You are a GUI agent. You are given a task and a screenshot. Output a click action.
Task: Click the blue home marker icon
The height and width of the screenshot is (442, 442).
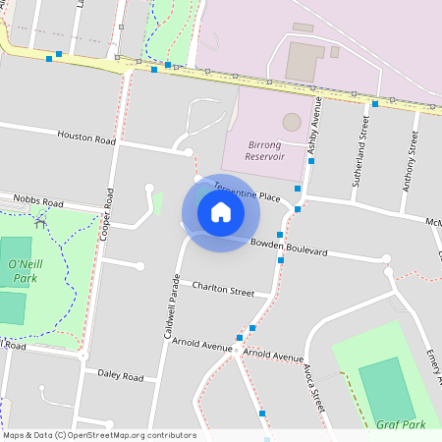[221, 212]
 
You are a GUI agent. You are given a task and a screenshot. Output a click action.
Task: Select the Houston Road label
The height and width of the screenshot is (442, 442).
[85, 138]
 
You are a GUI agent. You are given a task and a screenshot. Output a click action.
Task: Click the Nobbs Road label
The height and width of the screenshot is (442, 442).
[37, 202]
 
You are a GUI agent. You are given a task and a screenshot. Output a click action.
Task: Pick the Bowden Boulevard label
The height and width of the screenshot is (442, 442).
[288, 247]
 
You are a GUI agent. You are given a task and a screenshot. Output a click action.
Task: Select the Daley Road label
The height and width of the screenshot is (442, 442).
[120, 375]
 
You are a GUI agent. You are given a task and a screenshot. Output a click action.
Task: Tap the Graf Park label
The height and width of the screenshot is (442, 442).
[401, 425]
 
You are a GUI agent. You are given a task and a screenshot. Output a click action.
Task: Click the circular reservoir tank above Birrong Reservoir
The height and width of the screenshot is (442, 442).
[292, 122]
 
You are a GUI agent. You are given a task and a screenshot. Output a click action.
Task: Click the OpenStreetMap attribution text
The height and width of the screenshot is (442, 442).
[98, 435]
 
